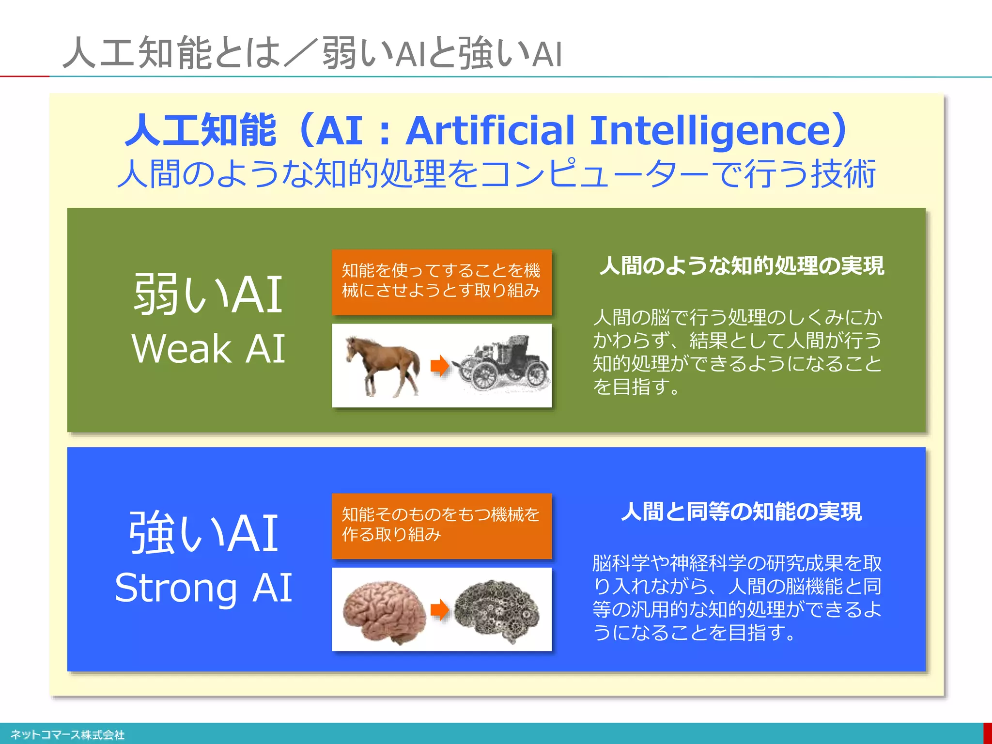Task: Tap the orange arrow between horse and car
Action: point(440,366)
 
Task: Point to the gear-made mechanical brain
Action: point(497,610)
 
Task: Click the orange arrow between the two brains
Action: point(440,609)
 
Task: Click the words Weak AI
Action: point(208,349)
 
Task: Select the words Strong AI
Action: point(203,588)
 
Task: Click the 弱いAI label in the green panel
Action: point(208,294)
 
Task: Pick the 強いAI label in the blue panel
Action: point(203,533)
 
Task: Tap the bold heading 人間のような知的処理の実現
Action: point(741,265)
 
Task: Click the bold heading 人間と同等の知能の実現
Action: point(741,511)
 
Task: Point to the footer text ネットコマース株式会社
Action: point(67,735)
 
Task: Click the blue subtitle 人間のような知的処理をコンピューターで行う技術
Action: point(496,173)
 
